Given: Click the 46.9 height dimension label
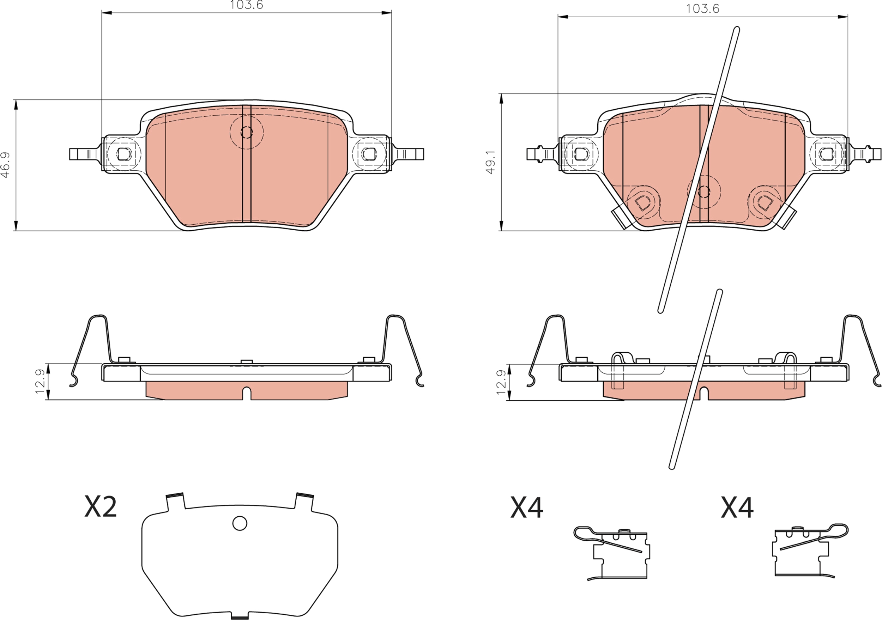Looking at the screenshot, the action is (x=5, y=165).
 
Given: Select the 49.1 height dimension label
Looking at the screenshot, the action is (x=490, y=162).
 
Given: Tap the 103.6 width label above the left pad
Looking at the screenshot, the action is (x=246, y=5).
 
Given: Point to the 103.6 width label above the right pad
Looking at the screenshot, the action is (x=703, y=9).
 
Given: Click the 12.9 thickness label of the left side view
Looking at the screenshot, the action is (x=40, y=381).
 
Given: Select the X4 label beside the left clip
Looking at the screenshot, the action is (x=527, y=507).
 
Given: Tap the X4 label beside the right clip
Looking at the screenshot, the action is (x=737, y=507).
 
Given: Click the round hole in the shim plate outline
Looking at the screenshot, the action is (x=240, y=523).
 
